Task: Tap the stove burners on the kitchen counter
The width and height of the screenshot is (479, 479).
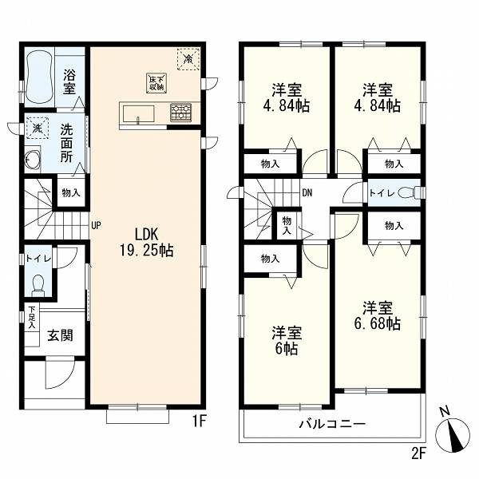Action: [x=181, y=113]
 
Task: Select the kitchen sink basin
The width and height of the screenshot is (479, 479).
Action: [x=138, y=114]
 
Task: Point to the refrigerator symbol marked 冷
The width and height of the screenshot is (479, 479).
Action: [x=188, y=58]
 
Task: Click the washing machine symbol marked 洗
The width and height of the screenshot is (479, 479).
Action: [x=38, y=129]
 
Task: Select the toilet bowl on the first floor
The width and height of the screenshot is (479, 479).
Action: [x=38, y=284]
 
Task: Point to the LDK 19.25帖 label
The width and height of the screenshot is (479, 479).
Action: [x=146, y=243]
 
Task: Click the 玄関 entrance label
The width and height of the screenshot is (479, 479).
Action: [x=60, y=335]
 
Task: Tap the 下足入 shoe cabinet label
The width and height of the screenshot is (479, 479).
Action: [x=32, y=318]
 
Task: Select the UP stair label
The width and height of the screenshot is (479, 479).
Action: [x=96, y=225]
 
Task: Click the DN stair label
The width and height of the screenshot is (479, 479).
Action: [x=307, y=192]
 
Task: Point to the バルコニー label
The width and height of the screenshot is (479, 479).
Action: [x=332, y=424]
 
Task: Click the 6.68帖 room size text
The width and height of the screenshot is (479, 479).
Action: [x=378, y=323]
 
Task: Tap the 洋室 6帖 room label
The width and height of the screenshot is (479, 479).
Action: [x=287, y=341]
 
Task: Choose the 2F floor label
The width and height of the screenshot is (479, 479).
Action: [x=418, y=453]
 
